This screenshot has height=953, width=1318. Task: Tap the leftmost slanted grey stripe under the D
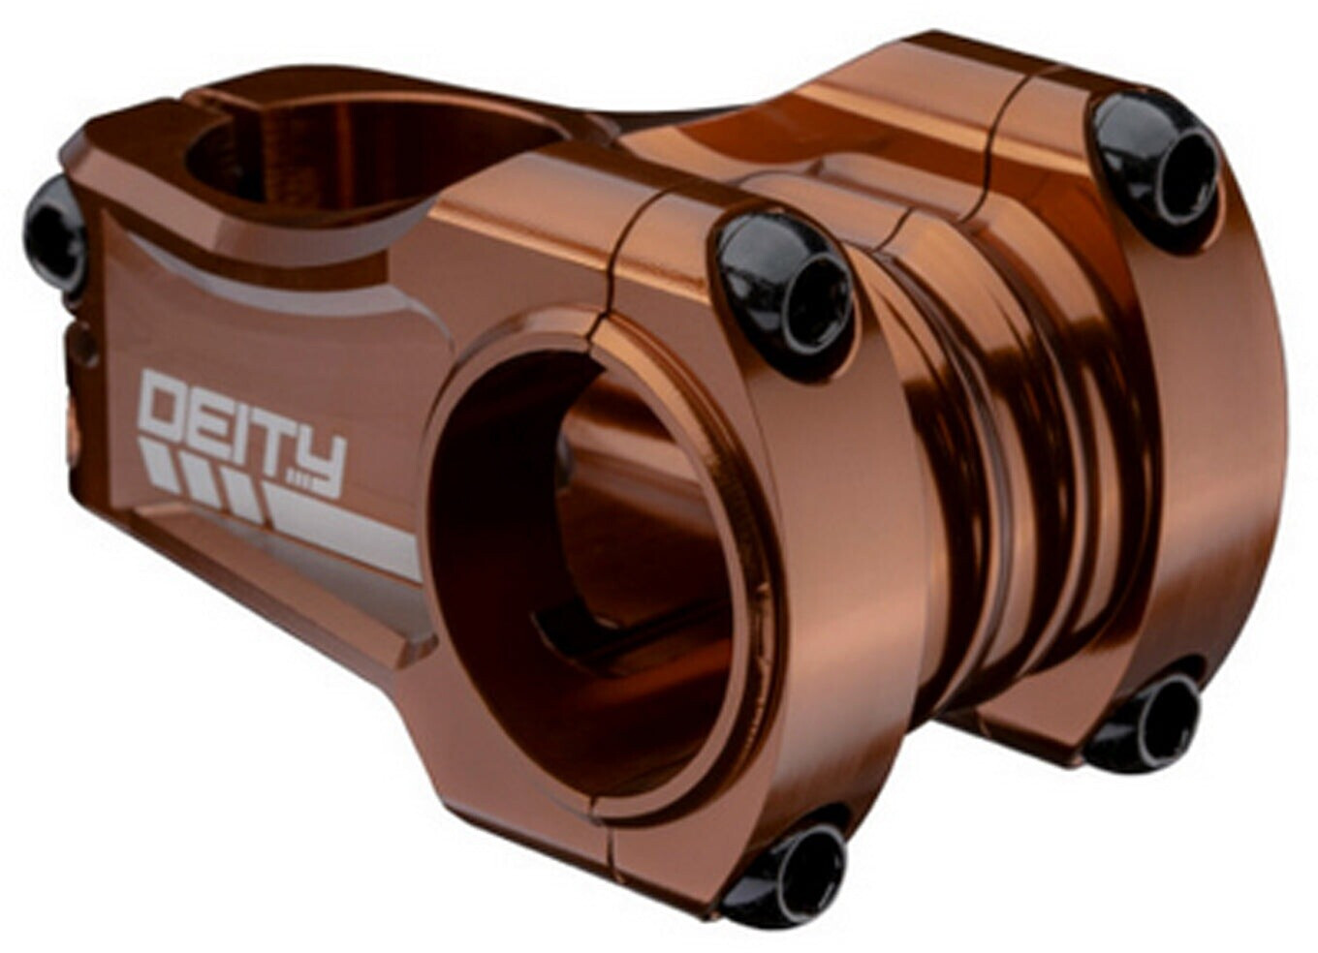click(155, 461)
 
